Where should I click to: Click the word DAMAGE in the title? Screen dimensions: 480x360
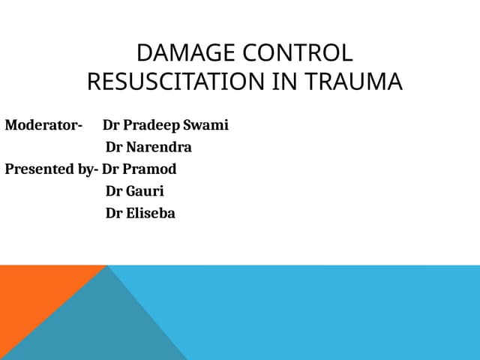pos(185,52)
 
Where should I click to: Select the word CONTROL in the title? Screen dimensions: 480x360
pos(298,52)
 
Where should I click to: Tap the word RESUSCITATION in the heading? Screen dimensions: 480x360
pos(175,82)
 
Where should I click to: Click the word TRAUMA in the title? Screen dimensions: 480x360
pos(353,82)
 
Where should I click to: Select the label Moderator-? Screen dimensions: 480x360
pos(43,125)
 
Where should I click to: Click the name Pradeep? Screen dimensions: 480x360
pos(151,125)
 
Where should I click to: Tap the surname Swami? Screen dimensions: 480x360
pos(205,125)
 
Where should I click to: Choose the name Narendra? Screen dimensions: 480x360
pos(159,147)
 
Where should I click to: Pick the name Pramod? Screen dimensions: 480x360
pos(149,169)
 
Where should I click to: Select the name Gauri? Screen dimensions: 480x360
pos(145,191)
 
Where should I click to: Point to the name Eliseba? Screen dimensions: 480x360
pos(151,213)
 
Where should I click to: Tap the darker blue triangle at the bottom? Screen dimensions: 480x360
pos(101,328)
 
